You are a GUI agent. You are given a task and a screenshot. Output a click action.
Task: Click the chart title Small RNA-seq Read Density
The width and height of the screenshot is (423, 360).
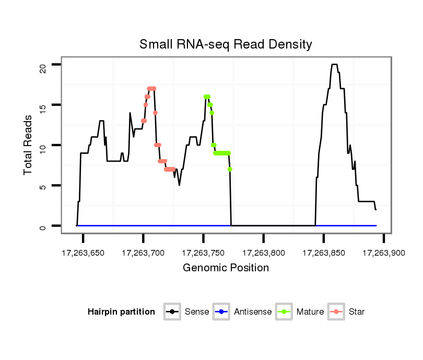tap(226, 44)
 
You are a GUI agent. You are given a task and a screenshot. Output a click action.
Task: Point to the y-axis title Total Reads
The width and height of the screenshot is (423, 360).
tap(29, 145)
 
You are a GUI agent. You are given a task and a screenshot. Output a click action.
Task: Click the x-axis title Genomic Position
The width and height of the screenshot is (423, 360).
tap(226, 268)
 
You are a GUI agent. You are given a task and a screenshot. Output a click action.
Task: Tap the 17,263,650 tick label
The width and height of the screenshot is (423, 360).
tap(83, 253)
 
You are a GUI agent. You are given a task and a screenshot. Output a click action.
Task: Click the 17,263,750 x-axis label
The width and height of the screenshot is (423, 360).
tap(203, 253)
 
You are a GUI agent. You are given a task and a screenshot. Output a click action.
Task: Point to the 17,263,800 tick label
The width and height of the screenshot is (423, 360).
tap(263, 253)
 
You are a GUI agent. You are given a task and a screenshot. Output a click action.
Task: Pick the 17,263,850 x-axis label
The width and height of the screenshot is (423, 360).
tap(323, 253)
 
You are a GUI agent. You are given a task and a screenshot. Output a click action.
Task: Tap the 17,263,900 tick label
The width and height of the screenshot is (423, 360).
tap(383, 253)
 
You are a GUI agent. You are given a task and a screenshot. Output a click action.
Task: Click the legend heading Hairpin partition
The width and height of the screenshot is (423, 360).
tap(121, 312)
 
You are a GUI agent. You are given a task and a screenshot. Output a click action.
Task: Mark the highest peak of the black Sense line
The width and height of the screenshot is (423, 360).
tap(334, 65)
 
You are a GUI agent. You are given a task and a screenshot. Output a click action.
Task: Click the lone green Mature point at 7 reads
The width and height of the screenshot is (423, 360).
tap(230, 169)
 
